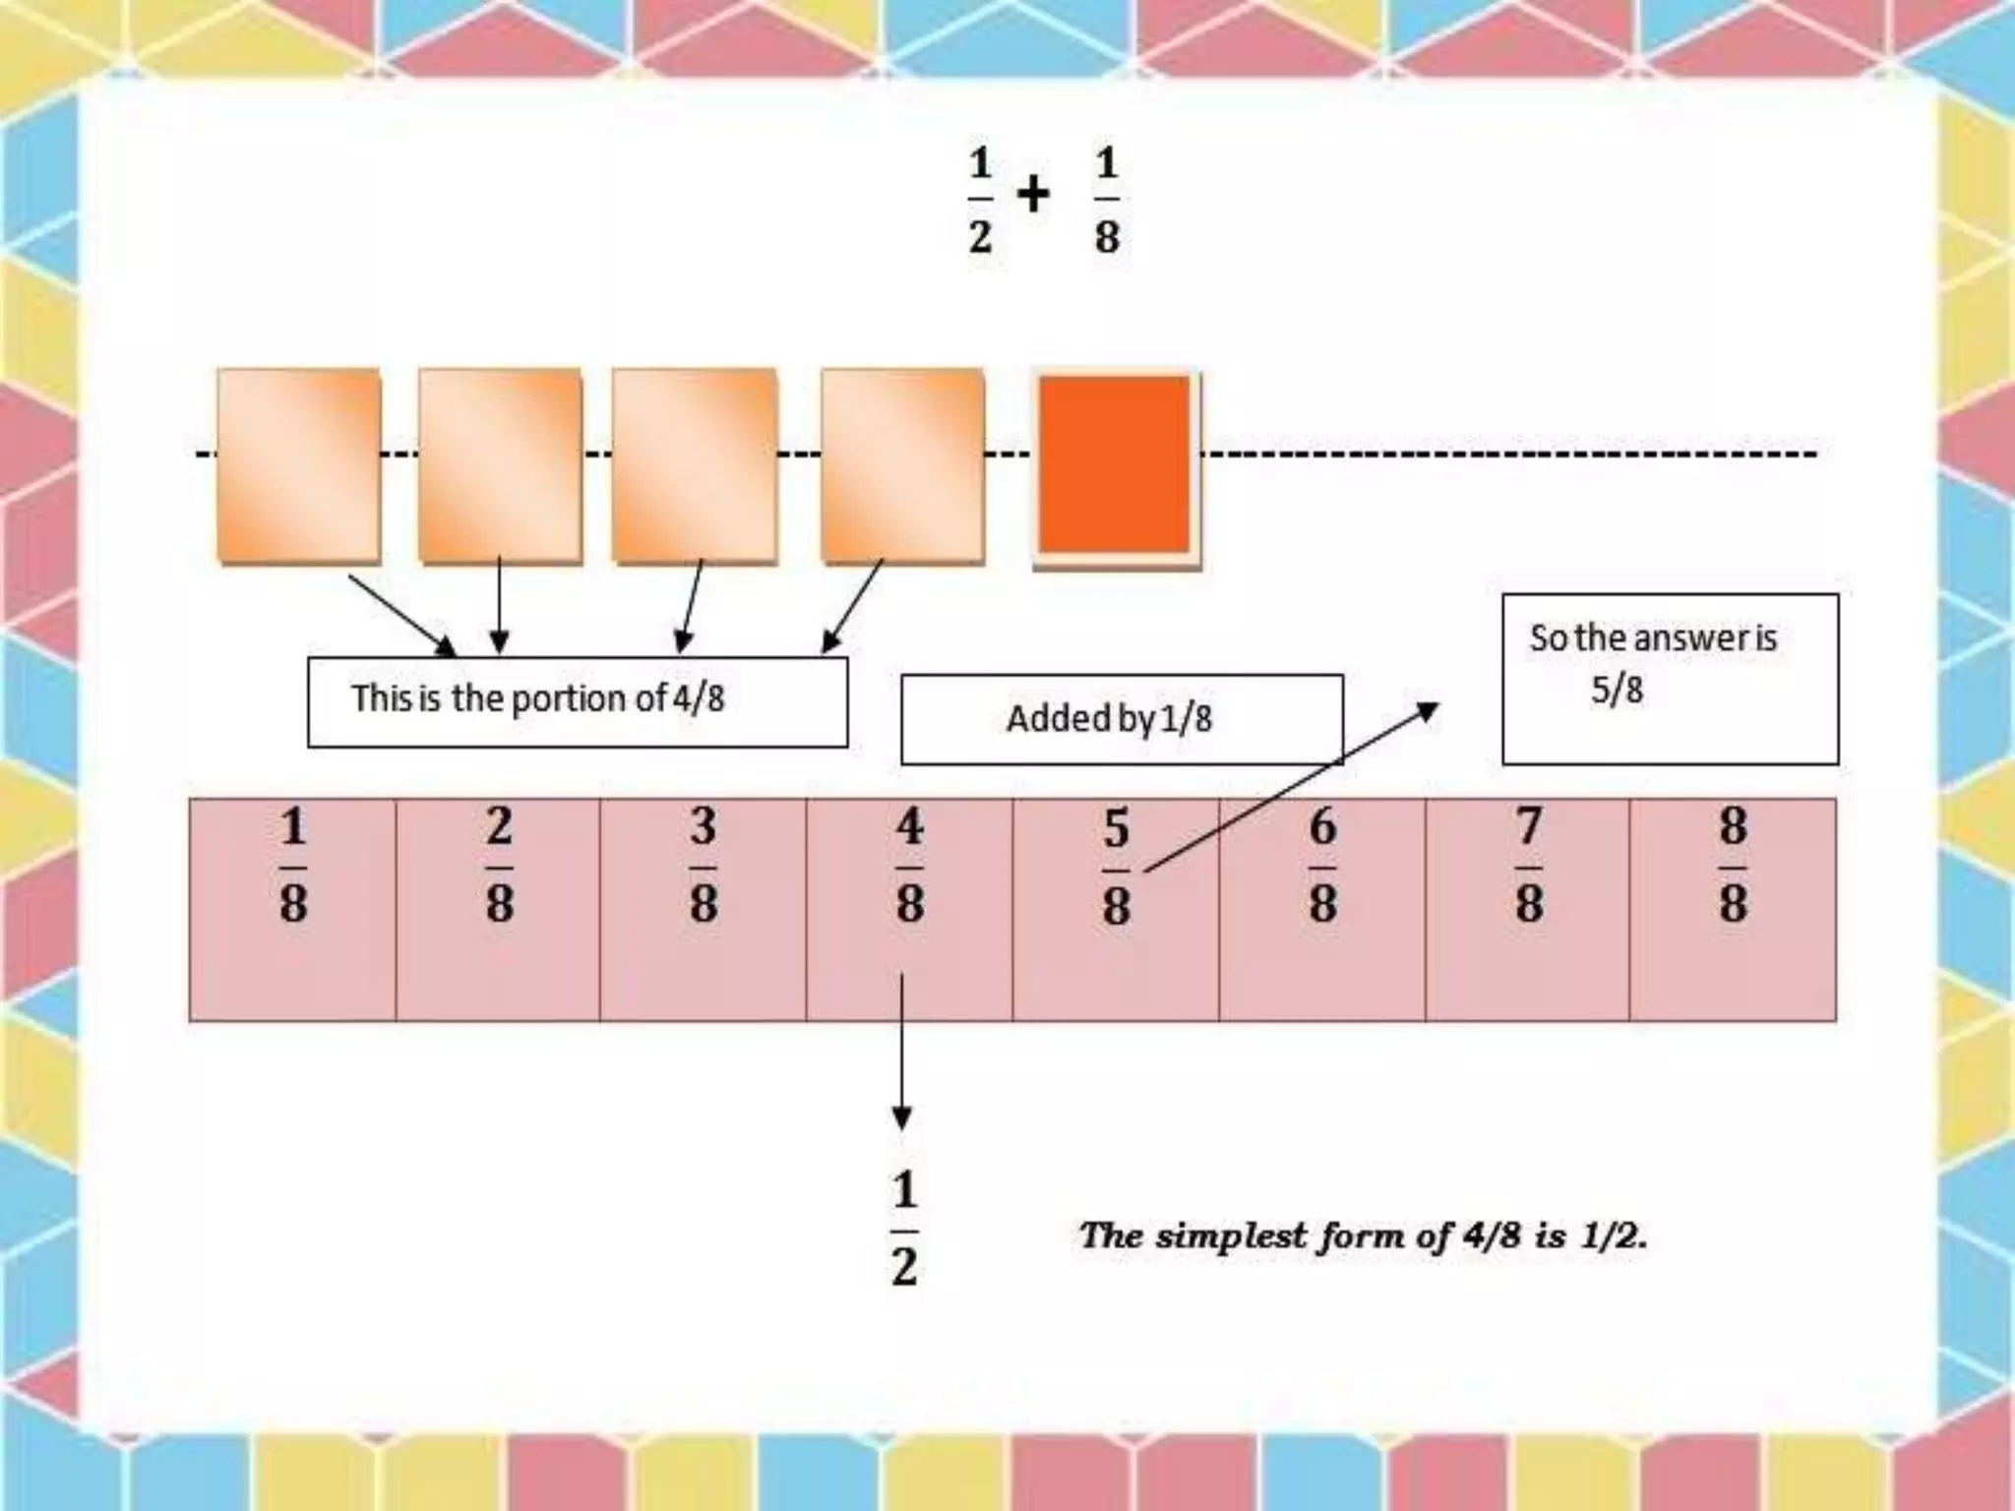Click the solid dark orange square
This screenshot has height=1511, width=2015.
1115,465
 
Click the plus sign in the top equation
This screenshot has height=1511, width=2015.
1033,194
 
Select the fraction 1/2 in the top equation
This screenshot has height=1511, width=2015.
980,200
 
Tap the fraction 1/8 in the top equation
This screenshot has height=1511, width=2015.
1107,200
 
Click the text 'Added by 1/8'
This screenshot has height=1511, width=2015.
1109,719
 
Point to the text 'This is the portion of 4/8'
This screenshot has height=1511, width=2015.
537,698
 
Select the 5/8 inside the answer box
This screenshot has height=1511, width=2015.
1617,690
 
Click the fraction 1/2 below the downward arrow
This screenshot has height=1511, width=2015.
904,1229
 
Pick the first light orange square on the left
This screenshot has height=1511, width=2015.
299,465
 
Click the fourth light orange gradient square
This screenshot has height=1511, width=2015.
902,465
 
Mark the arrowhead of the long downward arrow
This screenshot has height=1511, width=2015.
901,1118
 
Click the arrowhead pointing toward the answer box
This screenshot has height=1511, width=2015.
1428,709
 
